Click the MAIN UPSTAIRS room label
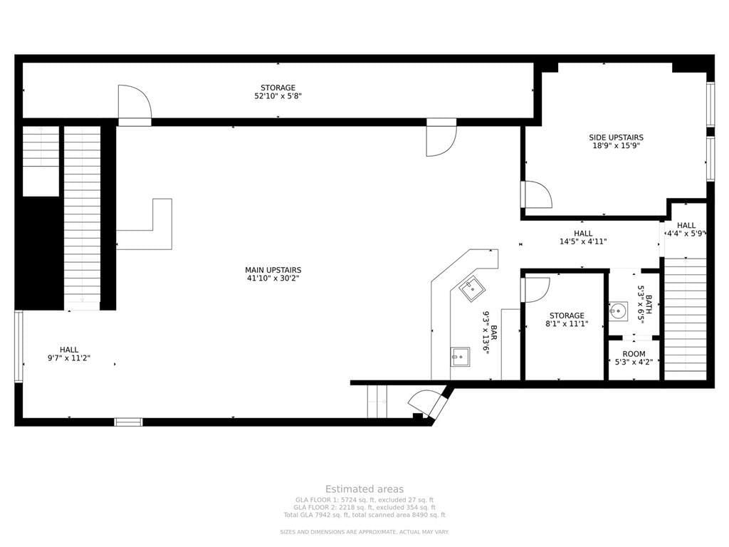coord(273,270)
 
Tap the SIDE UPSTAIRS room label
coord(616,137)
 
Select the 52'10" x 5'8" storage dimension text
coord(278,96)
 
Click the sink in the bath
coord(618,311)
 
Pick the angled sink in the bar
coord(472,289)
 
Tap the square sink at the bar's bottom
coord(459,357)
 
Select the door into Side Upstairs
coord(536,194)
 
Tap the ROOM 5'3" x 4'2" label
coord(634,358)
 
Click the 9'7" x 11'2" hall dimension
coord(69,358)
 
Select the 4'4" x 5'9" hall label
coord(686,229)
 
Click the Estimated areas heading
coord(364,489)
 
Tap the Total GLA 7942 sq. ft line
coord(364,515)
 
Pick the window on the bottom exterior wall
coord(128,422)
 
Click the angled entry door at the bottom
coord(426,403)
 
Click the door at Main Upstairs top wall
coord(441,137)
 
